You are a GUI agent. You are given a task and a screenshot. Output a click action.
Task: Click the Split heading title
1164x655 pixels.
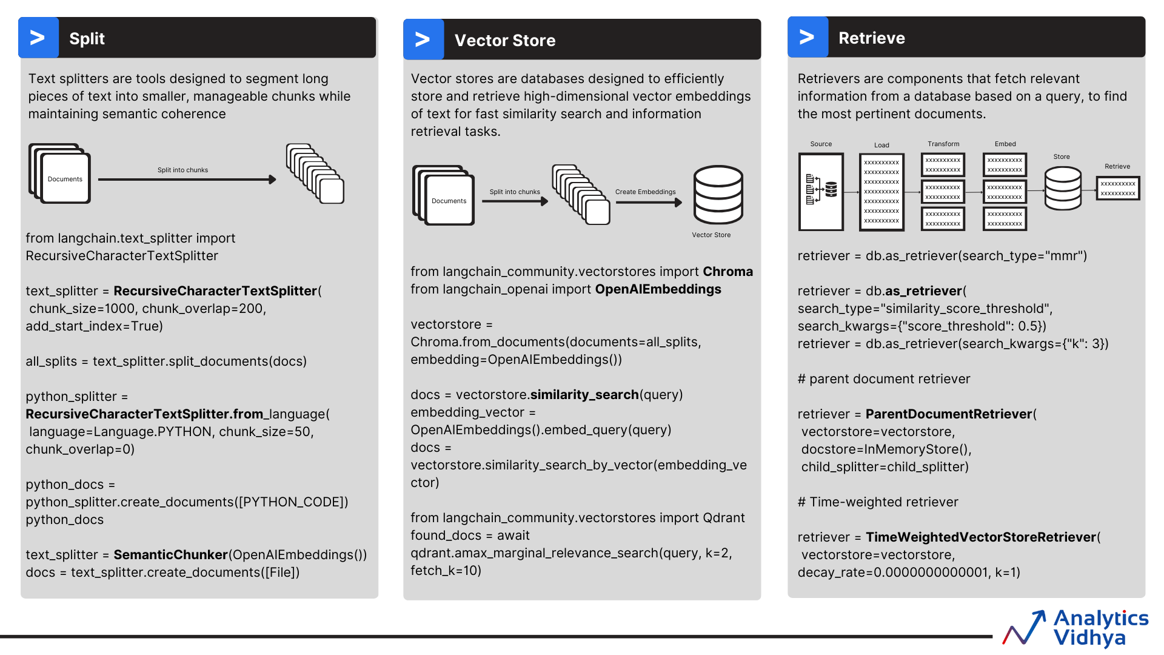pos(87,39)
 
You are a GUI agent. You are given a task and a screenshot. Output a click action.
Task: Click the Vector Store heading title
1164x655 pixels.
pos(504,41)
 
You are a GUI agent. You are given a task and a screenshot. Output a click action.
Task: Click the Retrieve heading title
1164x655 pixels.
pos(871,38)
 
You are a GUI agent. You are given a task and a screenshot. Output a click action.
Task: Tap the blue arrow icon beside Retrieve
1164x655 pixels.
pos(807,38)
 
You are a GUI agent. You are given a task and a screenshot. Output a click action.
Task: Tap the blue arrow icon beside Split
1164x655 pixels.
pos(38,38)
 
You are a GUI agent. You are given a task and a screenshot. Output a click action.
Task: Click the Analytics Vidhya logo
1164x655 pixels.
pos(1076,628)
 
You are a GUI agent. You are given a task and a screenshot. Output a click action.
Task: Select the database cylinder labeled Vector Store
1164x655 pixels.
pos(718,195)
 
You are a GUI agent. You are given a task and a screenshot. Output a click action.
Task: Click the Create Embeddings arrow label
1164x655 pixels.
pos(645,192)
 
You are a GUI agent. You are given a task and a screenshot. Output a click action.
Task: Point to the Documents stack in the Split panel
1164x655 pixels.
pos(60,174)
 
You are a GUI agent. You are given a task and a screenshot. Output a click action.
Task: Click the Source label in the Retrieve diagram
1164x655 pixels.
pos(821,144)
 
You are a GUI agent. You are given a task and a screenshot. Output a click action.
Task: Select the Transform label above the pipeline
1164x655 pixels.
pos(943,144)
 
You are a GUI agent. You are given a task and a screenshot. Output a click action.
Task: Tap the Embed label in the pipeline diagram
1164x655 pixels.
pos(1005,144)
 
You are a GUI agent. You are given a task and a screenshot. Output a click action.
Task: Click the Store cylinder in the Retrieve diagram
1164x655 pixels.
pos(1063,189)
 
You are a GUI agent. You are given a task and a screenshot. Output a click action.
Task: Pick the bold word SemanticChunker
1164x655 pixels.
pos(170,555)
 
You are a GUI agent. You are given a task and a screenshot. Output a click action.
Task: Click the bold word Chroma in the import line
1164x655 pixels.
pos(727,272)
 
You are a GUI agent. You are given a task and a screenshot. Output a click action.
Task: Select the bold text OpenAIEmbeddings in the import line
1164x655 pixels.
pos(658,289)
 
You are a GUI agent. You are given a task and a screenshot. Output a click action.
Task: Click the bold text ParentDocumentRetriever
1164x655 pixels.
pos(948,414)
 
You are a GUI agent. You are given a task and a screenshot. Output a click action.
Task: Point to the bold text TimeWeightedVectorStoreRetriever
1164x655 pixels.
pos(980,537)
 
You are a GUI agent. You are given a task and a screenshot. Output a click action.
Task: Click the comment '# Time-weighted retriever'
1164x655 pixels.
pos(877,502)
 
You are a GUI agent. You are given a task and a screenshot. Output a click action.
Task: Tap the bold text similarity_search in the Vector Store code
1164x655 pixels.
pos(584,395)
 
